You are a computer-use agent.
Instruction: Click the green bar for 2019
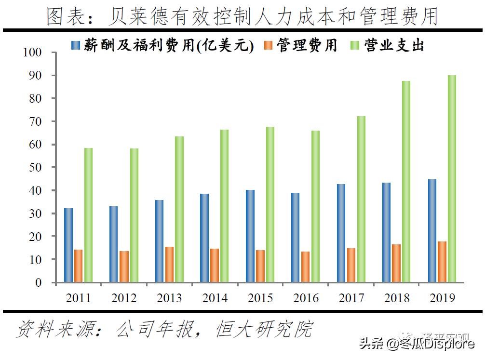pyautogui.click(x=452, y=179)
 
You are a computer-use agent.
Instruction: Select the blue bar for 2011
pyautogui.click(x=68, y=245)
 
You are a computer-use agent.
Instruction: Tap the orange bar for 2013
pyautogui.click(x=169, y=265)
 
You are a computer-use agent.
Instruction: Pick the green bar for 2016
pyautogui.click(x=315, y=206)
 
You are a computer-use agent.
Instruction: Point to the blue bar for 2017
pyautogui.click(x=341, y=233)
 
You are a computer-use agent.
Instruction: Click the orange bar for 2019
pyautogui.click(x=442, y=262)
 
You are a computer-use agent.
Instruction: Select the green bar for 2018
pyautogui.click(x=406, y=182)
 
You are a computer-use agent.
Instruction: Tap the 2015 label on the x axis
pyautogui.click(x=261, y=298)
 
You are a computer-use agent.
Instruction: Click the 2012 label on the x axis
pyautogui.click(x=124, y=298)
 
